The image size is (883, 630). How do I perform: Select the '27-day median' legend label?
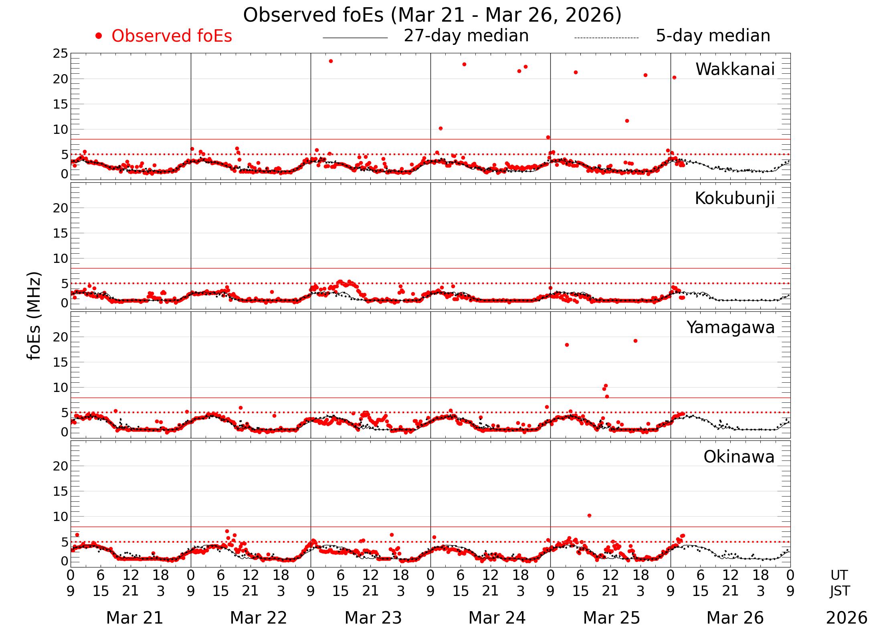[x=466, y=36]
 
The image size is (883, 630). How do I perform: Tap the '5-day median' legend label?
[x=713, y=36]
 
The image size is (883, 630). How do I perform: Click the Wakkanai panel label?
[x=735, y=69]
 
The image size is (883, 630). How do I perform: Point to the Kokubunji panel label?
[x=734, y=198]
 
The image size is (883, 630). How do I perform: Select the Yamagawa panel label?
[x=730, y=327]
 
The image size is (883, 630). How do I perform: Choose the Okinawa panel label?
[x=739, y=457]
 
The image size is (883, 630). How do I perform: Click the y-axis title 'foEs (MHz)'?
[x=34, y=316]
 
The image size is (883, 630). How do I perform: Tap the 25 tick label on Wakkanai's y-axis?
[x=61, y=53]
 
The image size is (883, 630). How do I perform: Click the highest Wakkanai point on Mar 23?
[x=331, y=61]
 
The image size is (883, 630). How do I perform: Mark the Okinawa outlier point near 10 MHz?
[x=589, y=515]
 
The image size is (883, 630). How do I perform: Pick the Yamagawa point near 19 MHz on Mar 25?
[x=635, y=341]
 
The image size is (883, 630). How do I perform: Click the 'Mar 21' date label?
[x=135, y=618]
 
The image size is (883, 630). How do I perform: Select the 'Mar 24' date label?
[x=497, y=618]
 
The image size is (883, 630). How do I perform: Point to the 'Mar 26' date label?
[x=735, y=618]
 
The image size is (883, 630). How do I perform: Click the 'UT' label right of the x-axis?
[x=839, y=575]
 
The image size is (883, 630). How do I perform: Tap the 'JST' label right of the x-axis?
[x=839, y=591]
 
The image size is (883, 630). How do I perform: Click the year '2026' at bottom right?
[x=847, y=618]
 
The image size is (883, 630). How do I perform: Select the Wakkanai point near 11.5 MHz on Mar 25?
[x=627, y=121]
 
